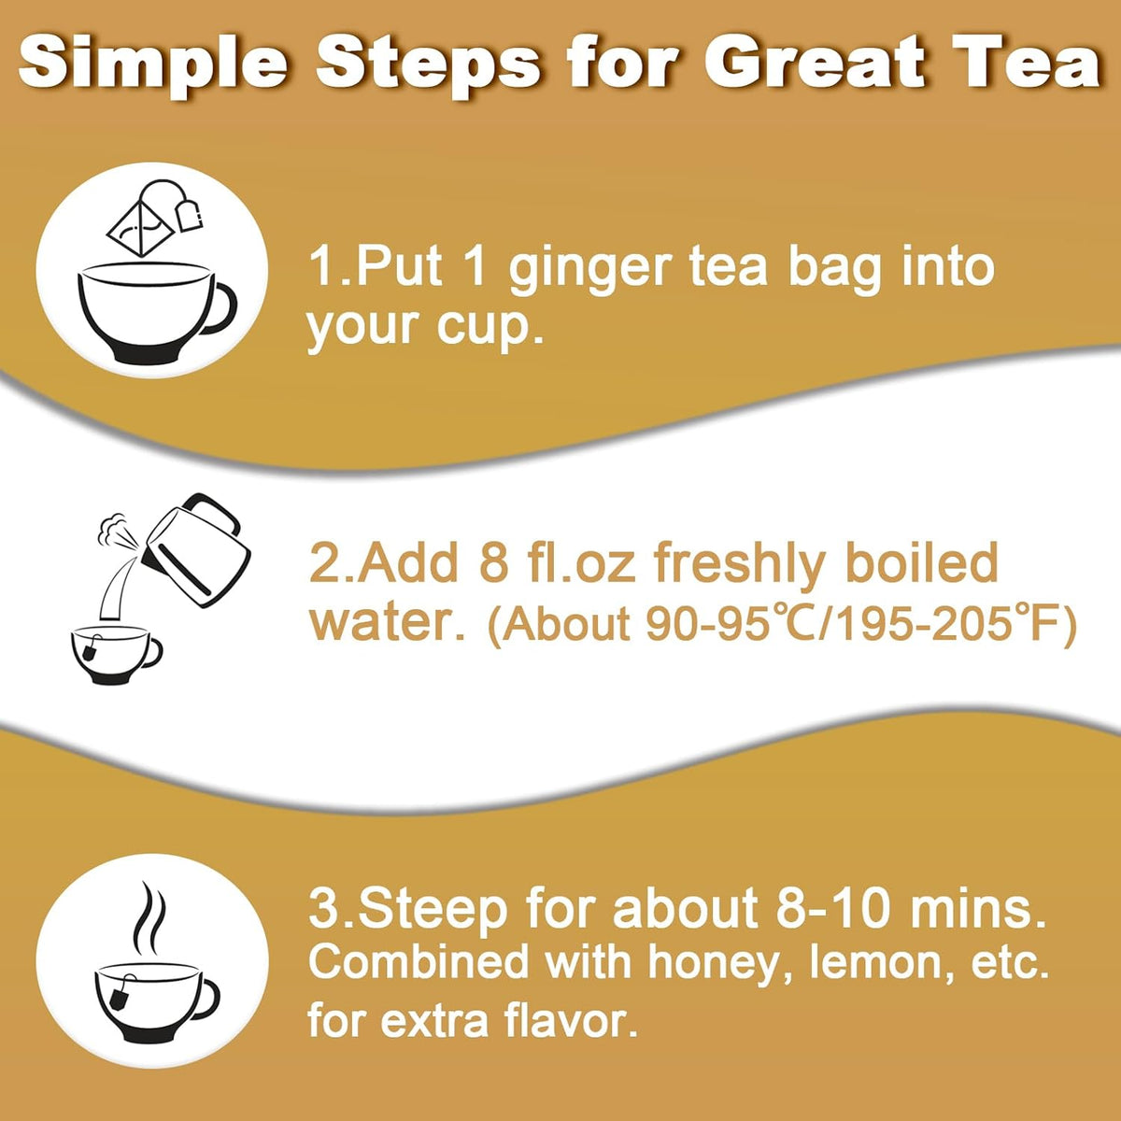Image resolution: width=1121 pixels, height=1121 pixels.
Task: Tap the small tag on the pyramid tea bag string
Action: point(193,216)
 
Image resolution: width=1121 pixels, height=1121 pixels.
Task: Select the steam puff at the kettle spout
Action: point(111,529)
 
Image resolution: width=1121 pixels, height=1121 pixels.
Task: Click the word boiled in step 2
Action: point(921,564)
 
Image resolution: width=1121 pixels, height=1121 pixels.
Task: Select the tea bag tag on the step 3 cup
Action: point(119,999)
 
